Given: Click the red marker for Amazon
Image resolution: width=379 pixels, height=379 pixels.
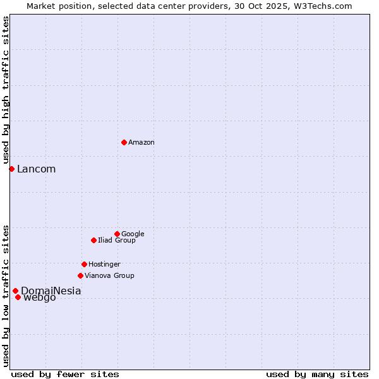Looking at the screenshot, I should click(x=124, y=142).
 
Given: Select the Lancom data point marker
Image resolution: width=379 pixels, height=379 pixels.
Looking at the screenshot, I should click(x=11, y=169).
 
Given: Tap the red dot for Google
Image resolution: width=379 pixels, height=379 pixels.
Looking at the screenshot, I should click(x=117, y=234).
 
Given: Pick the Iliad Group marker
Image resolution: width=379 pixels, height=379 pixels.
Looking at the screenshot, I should click(x=93, y=240).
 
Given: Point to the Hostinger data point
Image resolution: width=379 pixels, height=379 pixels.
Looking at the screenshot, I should click(x=84, y=264).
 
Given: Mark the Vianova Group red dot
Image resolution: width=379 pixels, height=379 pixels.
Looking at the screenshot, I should click(x=80, y=275).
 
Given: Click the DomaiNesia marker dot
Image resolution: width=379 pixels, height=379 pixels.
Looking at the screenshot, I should click(x=15, y=291).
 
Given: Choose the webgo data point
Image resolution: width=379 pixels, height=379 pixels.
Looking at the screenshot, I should click(x=18, y=297).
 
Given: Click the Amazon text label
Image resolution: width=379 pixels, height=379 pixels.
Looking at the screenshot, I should click(x=141, y=143).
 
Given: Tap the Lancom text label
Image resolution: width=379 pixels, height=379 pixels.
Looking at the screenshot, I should click(x=36, y=169).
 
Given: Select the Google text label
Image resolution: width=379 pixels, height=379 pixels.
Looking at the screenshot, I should click(x=133, y=234).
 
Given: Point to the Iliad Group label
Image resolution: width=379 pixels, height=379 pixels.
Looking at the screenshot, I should click(x=116, y=241).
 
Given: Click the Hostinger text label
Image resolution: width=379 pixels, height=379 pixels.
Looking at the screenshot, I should click(x=104, y=265).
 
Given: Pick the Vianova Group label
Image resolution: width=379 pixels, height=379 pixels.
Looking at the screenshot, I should click(x=109, y=276).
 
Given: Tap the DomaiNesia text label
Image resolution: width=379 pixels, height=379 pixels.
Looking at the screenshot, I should click(x=51, y=291).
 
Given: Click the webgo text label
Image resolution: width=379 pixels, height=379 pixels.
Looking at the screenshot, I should click(x=39, y=298).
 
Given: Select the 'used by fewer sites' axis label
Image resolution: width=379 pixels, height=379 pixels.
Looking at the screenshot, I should click(x=65, y=374).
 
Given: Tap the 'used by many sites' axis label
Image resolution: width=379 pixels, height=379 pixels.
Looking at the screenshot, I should click(x=317, y=374).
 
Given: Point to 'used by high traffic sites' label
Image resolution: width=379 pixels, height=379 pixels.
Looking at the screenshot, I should click(x=6, y=90).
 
